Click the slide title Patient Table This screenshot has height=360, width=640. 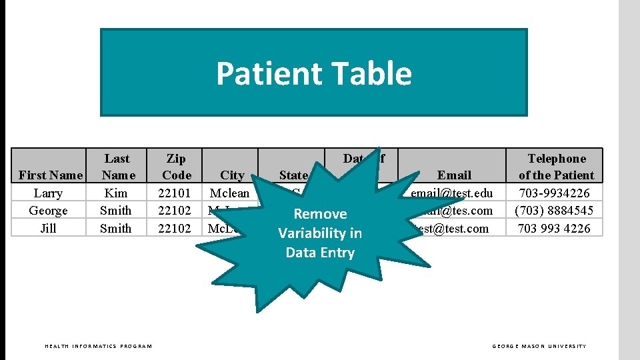[x=313, y=73]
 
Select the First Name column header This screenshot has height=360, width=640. [x=51, y=175]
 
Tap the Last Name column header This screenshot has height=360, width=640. [x=117, y=167]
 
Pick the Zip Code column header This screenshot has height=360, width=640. [x=176, y=167]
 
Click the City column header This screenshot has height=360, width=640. [x=232, y=175]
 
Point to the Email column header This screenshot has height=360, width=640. [x=454, y=175]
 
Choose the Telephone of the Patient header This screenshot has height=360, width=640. [x=556, y=167]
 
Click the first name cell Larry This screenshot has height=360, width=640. [x=48, y=193]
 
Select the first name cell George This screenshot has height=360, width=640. [x=48, y=211]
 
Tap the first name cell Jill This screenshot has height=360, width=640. [x=48, y=229]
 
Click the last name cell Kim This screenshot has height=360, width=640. [x=116, y=193]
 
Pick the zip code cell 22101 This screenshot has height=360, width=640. [x=174, y=193]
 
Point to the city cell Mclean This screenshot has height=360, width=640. [x=229, y=193]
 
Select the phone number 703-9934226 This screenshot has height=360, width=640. [x=555, y=193]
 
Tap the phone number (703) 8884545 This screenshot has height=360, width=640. [x=555, y=211]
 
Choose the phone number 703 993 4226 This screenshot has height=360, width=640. [x=555, y=229]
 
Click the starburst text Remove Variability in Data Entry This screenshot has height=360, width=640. [x=320, y=233]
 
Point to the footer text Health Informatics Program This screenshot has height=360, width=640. [x=98, y=346]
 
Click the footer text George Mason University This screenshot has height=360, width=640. [x=539, y=346]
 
